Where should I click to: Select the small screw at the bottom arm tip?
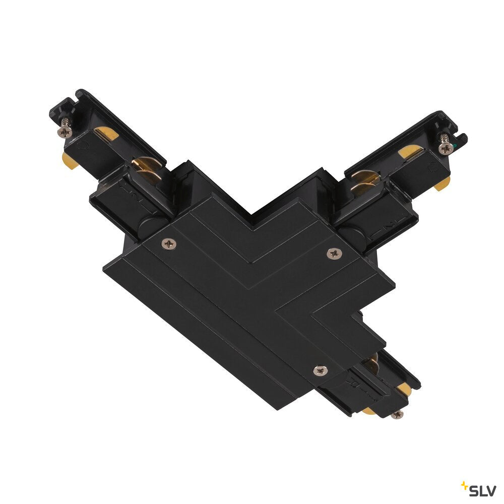click(397, 414)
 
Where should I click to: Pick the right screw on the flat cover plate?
click(334, 254)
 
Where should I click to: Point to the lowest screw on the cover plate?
click(321, 370)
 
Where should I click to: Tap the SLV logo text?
click(482, 491)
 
